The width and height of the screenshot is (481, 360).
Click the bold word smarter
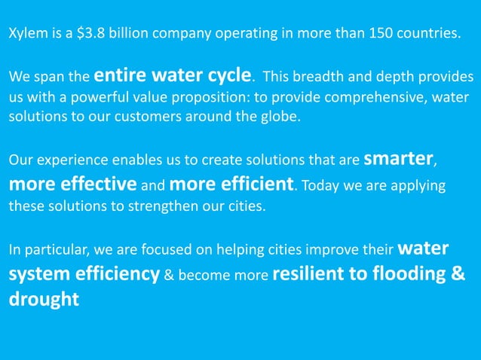[398, 160]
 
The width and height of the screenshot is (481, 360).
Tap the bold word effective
[94, 183]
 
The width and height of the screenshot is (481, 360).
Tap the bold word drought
[44, 298]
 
